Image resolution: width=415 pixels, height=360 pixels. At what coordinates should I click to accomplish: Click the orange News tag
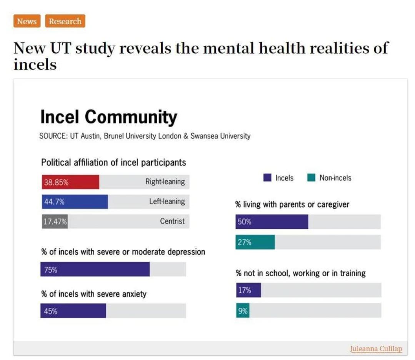coord(27,21)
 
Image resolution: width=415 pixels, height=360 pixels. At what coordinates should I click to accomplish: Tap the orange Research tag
coord(65,21)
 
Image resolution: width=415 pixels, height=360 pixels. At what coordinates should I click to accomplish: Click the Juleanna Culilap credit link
coord(376,349)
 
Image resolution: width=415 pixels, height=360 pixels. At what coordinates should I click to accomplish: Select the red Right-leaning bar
coord(70,182)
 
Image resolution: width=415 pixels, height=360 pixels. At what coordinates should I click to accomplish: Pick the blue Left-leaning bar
coord(75,202)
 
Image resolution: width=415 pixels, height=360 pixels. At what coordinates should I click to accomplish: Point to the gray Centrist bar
coord(55,222)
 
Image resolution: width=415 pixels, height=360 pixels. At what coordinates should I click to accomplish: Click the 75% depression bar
coord(95,269)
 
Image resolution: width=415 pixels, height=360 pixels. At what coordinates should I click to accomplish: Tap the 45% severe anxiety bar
coord(73,311)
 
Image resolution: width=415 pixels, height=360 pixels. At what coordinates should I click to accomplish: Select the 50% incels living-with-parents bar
coord(272,222)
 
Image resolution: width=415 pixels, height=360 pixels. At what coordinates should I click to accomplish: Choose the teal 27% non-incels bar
coord(255,242)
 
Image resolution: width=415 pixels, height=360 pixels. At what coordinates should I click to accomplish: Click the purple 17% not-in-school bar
coord(248,290)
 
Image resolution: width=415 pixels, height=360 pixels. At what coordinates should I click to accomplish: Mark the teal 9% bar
coord(242,310)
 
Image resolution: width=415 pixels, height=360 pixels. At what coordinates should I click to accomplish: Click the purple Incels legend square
coord(267,178)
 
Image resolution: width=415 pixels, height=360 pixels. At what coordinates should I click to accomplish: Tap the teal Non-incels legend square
coord(311,178)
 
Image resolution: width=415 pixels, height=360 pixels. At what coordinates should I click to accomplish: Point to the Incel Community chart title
coord(108,117)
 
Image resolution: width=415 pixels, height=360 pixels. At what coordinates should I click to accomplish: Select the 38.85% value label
coord(56,182)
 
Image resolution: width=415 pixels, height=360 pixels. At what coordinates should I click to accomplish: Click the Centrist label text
coord(172,221)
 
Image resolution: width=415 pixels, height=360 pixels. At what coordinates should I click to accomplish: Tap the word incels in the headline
coord(35,64)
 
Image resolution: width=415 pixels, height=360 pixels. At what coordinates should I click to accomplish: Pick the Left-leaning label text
coord(167,201)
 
